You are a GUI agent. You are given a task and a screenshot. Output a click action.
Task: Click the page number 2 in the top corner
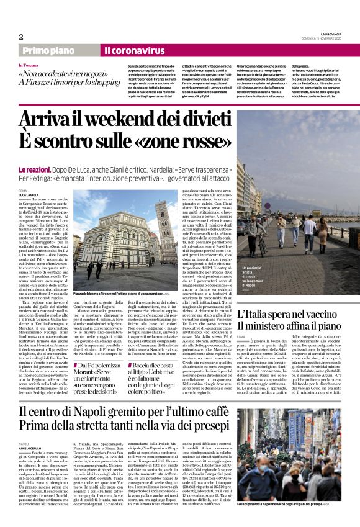20,37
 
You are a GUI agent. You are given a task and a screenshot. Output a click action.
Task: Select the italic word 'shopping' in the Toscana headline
102,81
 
